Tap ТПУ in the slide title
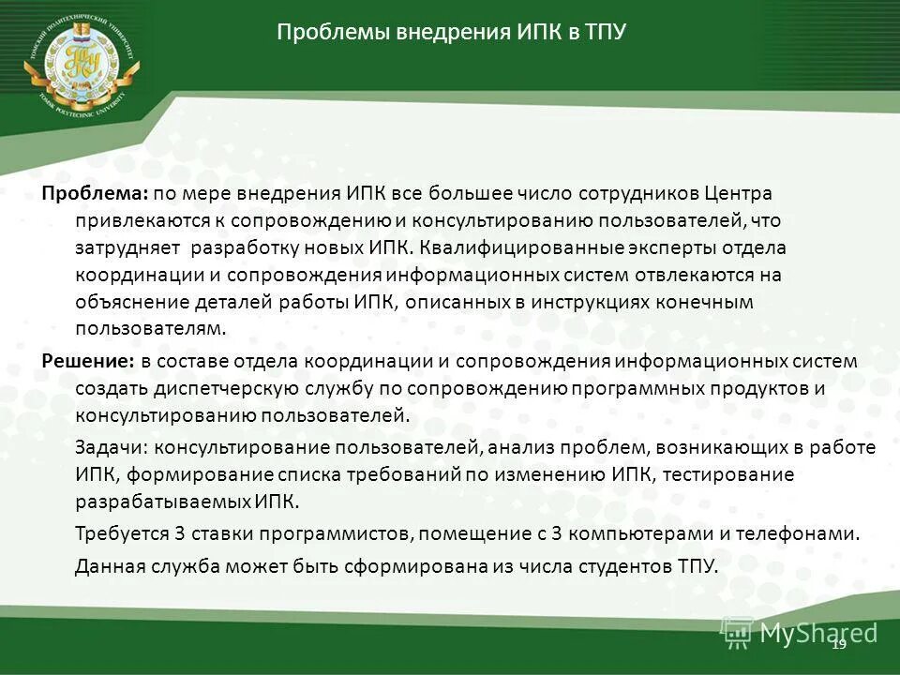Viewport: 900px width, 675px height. pyautogui.click(x=604, y=33)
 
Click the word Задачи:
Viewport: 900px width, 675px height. pyautogui.click(x=107, y=448)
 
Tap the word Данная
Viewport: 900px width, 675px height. pyautogui.click(x=105, y=565)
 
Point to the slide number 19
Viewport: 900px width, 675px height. pyautogui.click(x=838, y=643)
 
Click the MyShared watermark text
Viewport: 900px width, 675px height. pyautogui.click(x=818, y=633)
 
